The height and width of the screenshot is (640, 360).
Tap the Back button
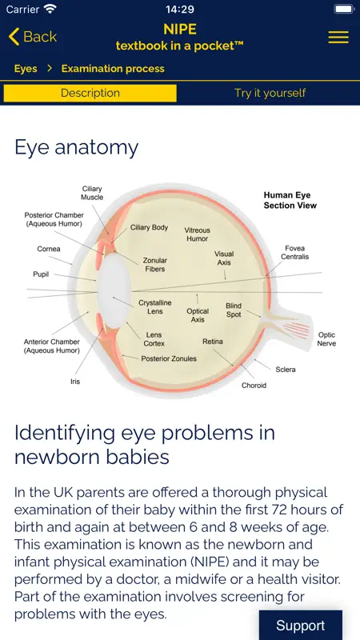(32, 37)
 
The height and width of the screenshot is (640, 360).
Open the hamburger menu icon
(338, 37)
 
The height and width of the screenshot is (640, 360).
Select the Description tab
(90, 93)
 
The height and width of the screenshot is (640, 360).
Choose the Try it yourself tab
(270, 93)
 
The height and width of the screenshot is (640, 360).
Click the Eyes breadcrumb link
(26, 69)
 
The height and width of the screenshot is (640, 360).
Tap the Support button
(301, 626)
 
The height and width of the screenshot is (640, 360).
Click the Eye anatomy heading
(76, 148)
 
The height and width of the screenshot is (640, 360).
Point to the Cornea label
(49, 249)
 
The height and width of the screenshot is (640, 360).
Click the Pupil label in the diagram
(41, 274)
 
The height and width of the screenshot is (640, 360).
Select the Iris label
(75, 382)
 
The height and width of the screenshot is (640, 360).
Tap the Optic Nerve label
(326, 339)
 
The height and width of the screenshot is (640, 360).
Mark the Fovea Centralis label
(294, 253)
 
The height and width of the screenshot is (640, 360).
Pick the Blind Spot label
(234, 310)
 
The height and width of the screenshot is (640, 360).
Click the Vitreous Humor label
(197, 234)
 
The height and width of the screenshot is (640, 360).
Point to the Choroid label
(254, 386)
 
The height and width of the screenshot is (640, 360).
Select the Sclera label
(286, 370)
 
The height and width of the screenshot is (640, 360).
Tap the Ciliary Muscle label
(92, 193)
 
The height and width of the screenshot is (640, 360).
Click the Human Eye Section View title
(290, 200)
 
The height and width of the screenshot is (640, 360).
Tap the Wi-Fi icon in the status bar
(50, 9)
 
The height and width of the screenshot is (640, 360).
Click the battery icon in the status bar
(344, 9)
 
